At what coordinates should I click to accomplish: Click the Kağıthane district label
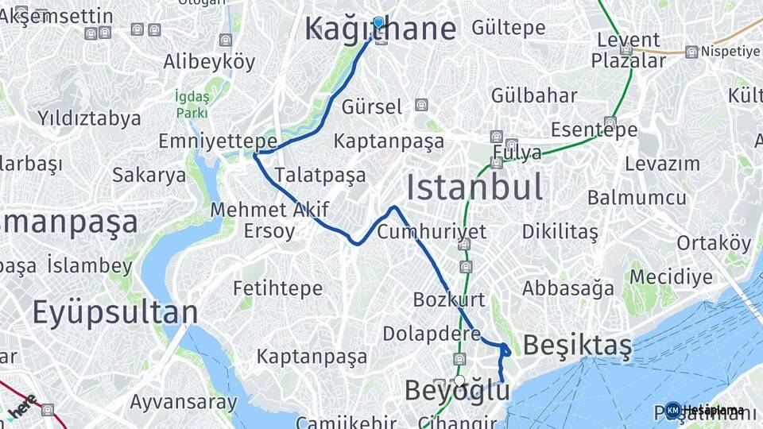381,29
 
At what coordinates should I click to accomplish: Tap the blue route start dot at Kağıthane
378,22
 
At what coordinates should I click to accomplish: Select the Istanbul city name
474,188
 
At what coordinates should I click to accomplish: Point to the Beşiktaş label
578,346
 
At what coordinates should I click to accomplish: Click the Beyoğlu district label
457,391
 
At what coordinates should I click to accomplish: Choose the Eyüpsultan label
114,312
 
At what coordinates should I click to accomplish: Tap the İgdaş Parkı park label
192,104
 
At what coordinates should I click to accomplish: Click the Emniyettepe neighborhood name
217,141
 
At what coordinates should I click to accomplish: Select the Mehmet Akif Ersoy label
258,220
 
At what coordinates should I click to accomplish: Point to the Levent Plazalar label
629,50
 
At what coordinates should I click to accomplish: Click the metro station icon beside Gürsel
420,105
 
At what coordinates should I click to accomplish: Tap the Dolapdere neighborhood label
432,334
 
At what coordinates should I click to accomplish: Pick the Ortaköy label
713,243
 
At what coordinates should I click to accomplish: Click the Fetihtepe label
277,288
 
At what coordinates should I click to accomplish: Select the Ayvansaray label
184,402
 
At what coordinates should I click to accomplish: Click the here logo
21,406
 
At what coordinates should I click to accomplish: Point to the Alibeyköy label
209,62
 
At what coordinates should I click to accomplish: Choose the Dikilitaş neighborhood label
560,232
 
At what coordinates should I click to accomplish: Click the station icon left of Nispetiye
691,52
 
